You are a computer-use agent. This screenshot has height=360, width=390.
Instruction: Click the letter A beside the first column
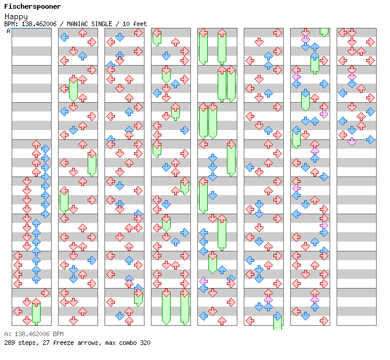click(9, 31)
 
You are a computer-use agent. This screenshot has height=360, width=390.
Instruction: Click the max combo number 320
click(145, 343)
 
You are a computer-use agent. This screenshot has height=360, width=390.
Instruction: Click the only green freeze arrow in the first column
click(36, 312)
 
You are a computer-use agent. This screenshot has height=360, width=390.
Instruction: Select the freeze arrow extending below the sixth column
click(277, 321)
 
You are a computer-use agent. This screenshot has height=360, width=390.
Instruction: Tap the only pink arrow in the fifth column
click(204, 281)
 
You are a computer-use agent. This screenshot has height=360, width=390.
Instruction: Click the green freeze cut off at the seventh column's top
click(324, 32)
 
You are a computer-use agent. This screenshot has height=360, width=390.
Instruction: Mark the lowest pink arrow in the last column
click(352, 141)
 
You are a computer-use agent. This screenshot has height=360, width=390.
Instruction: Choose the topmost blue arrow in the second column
click(64, 37)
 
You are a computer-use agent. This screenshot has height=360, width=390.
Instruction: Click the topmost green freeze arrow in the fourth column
click(157, 38)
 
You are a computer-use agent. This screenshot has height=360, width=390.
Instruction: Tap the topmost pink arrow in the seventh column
click(305, 39)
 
